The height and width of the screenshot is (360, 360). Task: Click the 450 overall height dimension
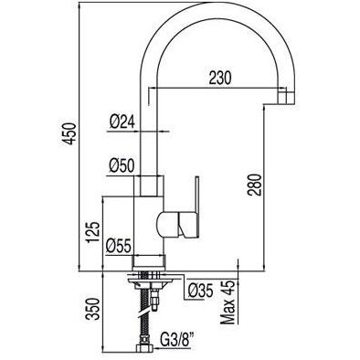tap(69, 133)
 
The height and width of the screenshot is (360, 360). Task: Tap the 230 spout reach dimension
tap(220, 78)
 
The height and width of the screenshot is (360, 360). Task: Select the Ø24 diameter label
tap(122, 122)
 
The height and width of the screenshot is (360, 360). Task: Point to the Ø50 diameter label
tap(122, 166)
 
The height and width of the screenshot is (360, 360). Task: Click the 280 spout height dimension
tap(255, 185)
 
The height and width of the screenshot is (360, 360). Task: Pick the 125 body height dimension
tap(93, 232)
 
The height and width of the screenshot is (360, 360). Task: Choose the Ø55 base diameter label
tap(118, 246)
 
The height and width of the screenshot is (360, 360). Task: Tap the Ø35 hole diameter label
tap(200, 291)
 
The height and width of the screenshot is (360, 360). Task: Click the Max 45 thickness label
tap(228, 302)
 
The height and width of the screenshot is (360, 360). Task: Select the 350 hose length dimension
tap(93, 309)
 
